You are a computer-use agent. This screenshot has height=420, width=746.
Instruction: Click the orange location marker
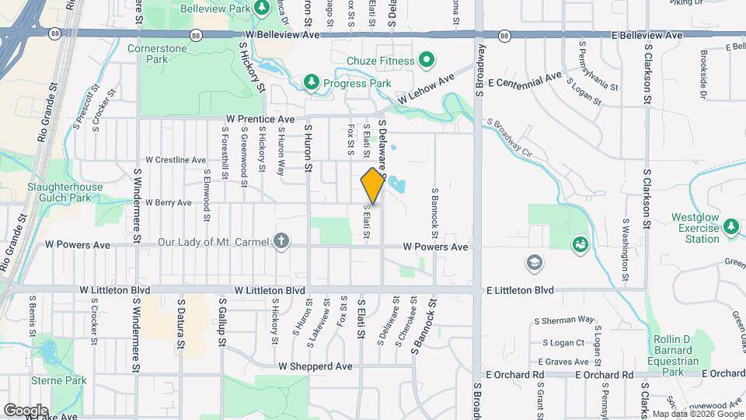tap(372, 185)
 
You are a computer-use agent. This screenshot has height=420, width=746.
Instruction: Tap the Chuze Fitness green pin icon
tap(426, 59)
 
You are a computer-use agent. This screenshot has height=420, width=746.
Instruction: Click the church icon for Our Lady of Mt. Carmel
tap(281, 243)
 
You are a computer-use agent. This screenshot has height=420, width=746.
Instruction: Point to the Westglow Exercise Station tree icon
tap(730, 227)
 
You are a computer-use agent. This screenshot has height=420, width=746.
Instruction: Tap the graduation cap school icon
tap(533, 263)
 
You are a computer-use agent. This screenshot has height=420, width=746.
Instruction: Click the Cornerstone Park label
tap(147, 54)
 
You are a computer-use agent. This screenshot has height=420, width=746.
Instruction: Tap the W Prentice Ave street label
tap(260, 119)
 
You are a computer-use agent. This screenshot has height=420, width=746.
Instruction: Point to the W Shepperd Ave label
tap(315, 366)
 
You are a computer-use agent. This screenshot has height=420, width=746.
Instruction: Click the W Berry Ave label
tap(168, 202)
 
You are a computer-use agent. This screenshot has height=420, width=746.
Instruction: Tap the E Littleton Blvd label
tap(520, 289)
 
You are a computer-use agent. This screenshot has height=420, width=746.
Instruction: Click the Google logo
tap(26, 410)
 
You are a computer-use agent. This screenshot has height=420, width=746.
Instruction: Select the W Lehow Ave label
tap(426, 90)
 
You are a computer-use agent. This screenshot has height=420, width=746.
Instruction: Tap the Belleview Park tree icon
tap(263, 7)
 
